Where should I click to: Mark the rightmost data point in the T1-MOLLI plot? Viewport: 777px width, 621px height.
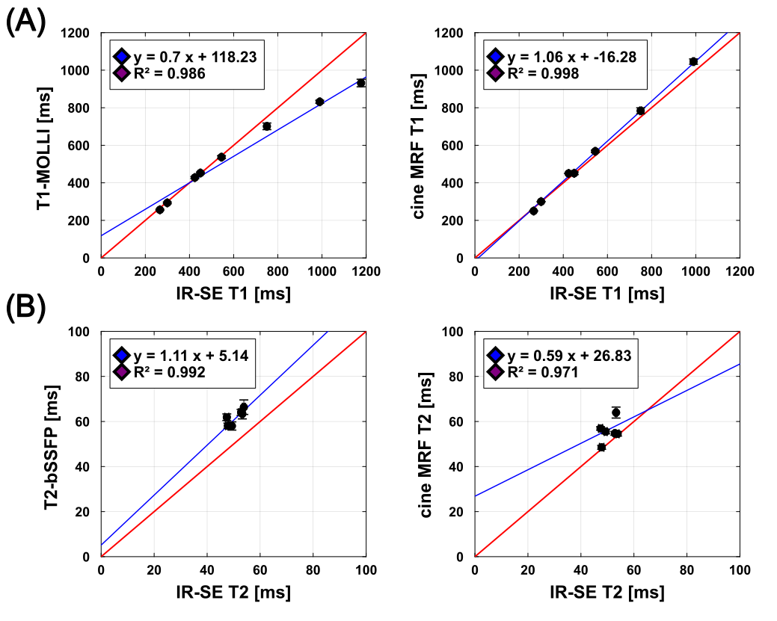pos(360,82)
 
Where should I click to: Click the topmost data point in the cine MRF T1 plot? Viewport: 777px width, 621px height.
pos(693,61)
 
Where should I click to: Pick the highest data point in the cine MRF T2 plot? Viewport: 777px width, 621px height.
pos(615,413)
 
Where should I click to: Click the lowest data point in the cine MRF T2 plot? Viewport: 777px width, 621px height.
pos(601,447)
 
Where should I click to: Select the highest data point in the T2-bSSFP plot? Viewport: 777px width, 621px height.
pos(244,407)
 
